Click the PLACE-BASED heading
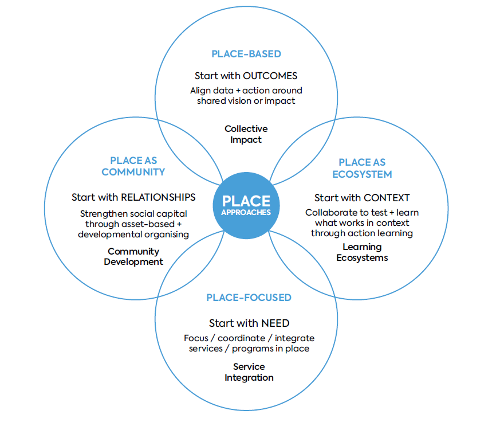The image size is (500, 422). (x=246, y=54)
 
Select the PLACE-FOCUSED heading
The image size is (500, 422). (x=249, y=298)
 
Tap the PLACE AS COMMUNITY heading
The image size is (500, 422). (x=133, y=166)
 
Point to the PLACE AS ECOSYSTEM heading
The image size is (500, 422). (x=362, y=168)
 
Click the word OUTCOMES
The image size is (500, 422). (x=270, y=76)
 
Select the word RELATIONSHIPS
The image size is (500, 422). (x=158, y=197)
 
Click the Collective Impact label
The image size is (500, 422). (x=246, y=134)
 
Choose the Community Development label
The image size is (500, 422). (x=133, y=256)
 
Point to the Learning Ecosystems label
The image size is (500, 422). (x=362, y=252)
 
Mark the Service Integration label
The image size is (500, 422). (x=249, y=372)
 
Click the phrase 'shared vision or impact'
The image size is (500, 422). (x=246, y=101)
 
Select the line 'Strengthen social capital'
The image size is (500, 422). (x=133, y=214)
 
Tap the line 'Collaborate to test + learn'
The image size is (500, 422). (x=362, y=213)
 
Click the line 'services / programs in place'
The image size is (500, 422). (x=249, y=349)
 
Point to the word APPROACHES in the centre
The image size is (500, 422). (x=246, y=212)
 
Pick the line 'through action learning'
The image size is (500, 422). (x=362, y=233)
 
